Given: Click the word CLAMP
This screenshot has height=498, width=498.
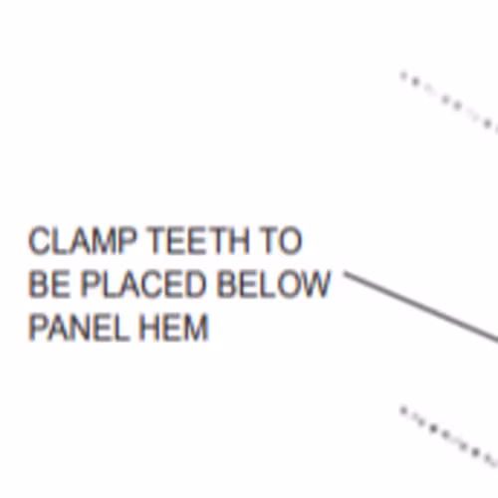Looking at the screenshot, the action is (83, 241).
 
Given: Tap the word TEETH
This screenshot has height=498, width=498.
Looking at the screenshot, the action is (198, 241).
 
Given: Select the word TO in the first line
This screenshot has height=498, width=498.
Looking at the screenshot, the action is (281, 241).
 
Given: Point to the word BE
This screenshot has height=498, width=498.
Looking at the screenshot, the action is (50, 284).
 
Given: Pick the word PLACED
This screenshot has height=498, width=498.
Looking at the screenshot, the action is (143, 284).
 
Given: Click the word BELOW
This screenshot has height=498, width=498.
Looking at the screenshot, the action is (274, 284).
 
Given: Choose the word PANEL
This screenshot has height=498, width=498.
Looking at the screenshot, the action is (80, 328).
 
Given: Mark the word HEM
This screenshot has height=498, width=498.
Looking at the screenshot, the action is (174, 328).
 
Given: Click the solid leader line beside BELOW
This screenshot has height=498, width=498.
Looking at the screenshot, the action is (421, 306).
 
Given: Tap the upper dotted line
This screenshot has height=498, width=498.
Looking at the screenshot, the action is (449, 102).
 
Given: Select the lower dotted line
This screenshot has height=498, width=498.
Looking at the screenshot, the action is (449, 435).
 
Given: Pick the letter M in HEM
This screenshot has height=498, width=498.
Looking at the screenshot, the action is (195, 328).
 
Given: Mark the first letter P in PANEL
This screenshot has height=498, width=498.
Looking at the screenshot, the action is (39, 328).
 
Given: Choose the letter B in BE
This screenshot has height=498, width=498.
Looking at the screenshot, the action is (39, 284).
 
